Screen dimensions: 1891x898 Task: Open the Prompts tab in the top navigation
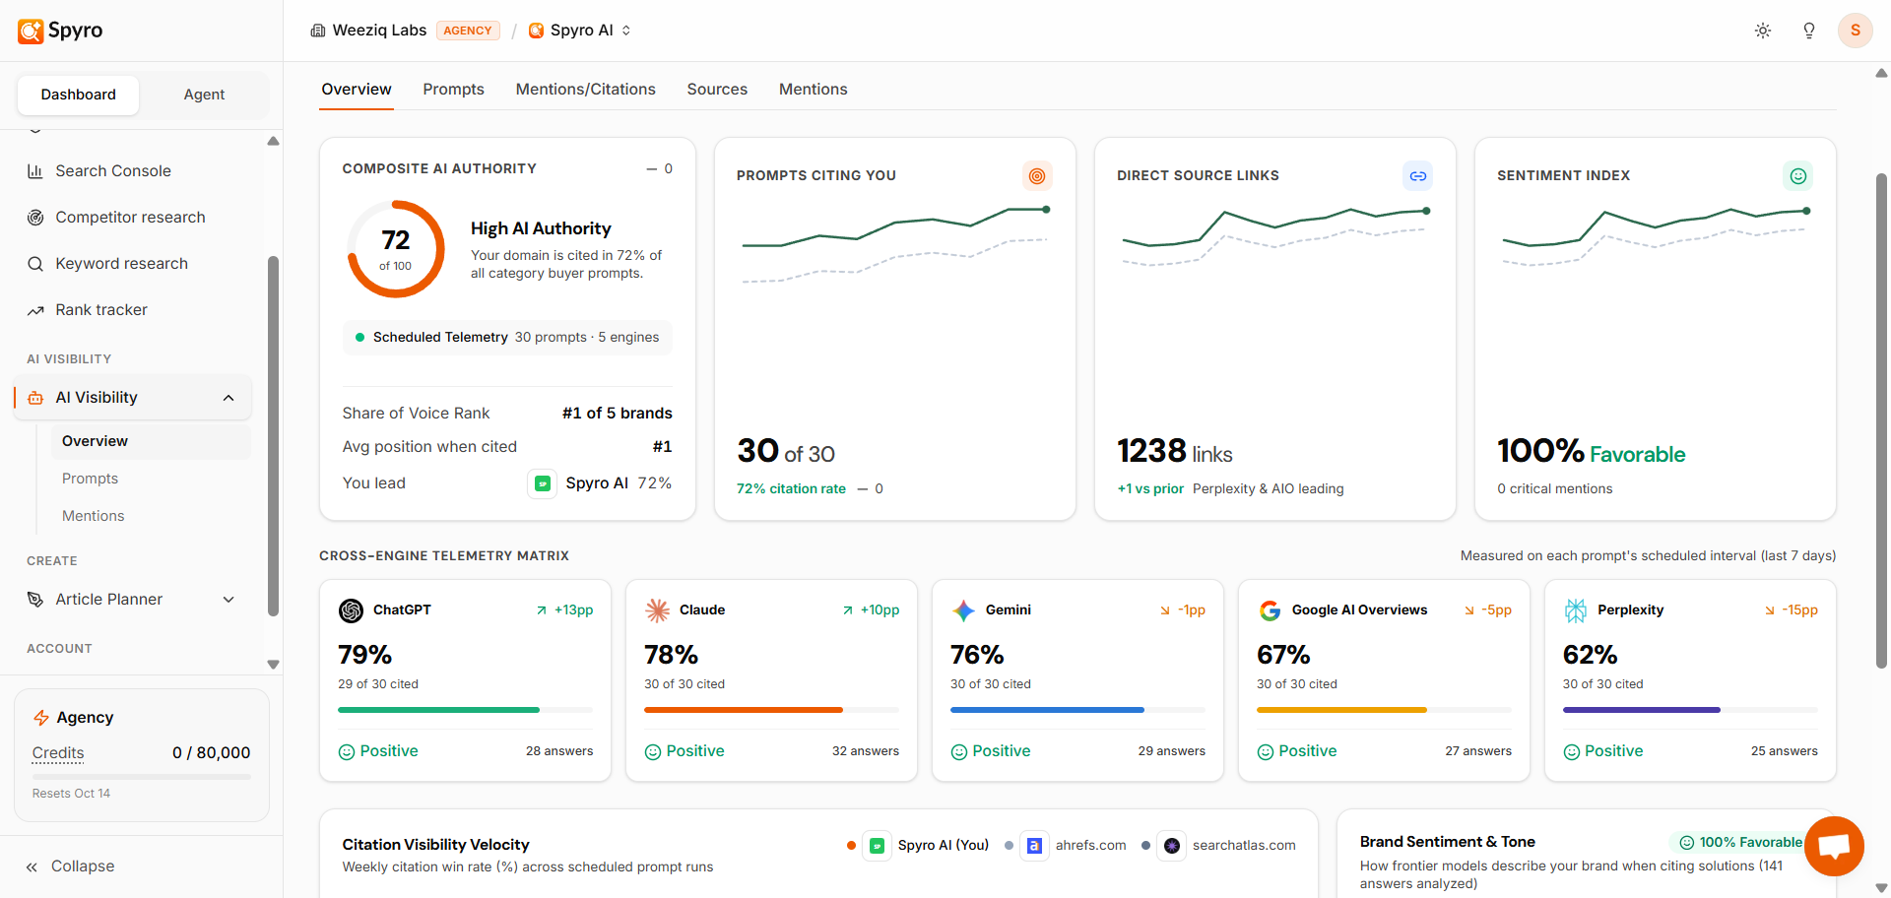[x=453, y=89]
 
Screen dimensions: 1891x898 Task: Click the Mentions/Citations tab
[x=585, y=89]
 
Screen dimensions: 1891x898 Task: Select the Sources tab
[x=717, y=89]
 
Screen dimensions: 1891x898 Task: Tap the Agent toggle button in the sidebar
[x=204, y=95]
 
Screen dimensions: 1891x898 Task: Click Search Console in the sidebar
[x=112, y=170]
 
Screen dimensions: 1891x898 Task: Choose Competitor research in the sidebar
[x=130, y=217]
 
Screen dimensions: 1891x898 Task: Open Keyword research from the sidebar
[x=121, y=263]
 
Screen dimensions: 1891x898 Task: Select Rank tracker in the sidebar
[x=100, y=309]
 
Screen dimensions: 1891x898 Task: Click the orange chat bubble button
[x=1834, y=846]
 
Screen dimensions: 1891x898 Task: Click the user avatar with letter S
[x=1856, y=31]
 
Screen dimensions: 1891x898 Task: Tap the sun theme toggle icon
[x=1763, y=31]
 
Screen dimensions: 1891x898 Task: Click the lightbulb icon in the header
[x=1809, y=31]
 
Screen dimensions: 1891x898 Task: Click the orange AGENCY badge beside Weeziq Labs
[x=468, y=31]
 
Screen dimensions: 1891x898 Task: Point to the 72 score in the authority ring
[x=396, y=240]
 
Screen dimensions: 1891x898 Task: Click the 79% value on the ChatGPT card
[x=365, y=655]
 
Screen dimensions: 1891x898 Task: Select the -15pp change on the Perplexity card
[x=1799, y=610]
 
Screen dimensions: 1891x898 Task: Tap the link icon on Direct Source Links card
[x=1417, y=176]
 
